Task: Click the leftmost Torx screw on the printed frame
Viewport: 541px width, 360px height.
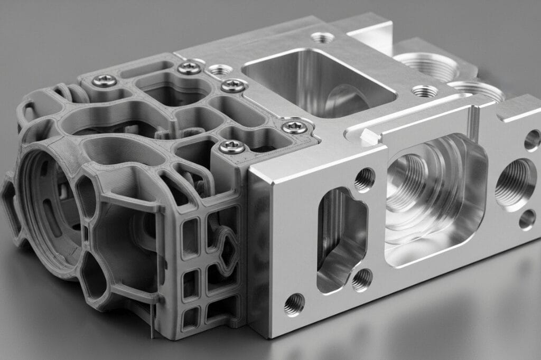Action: tap(105, 80)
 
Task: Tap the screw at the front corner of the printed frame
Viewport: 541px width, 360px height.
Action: tap(232, 147)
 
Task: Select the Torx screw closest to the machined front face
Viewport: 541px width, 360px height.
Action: tap(294, 126)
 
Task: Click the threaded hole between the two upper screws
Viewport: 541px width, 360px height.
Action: tap(220, 69)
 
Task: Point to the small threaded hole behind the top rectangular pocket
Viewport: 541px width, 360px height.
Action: tap(322, 37)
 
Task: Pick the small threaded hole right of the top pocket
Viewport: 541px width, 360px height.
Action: tap(425, 91)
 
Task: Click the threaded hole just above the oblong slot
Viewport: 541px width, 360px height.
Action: tap(365, 179)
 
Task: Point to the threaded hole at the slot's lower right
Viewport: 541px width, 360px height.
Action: tap(361, 279)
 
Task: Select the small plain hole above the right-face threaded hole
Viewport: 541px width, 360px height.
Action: tap(531, 140)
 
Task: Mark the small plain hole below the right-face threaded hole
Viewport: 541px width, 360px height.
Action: tap(527, 220)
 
